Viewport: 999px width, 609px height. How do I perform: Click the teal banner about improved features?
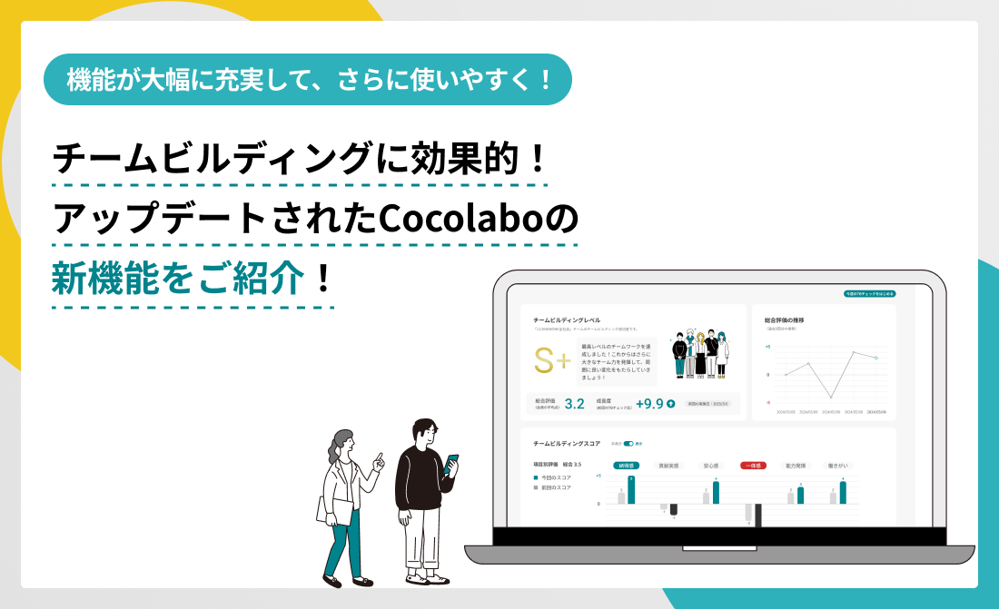point(308,79)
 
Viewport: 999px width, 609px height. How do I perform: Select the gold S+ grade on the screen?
point(552,361)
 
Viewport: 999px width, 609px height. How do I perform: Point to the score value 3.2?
point(574,404)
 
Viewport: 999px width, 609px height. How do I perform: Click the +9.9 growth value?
point(648,404)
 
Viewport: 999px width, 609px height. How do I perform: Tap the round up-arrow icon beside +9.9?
point(671,404)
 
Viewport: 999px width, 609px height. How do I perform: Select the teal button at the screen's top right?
point(870,294)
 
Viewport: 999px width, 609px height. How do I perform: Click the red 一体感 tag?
point(753,465)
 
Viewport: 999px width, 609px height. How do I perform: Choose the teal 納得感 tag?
point(627,465)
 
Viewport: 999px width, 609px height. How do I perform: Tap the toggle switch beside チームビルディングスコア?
point(628,444)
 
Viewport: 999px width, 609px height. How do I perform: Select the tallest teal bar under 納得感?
point(631,490)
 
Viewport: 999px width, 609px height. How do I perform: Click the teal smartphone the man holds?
point(452,461)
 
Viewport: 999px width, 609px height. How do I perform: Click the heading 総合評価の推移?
point(786,320)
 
